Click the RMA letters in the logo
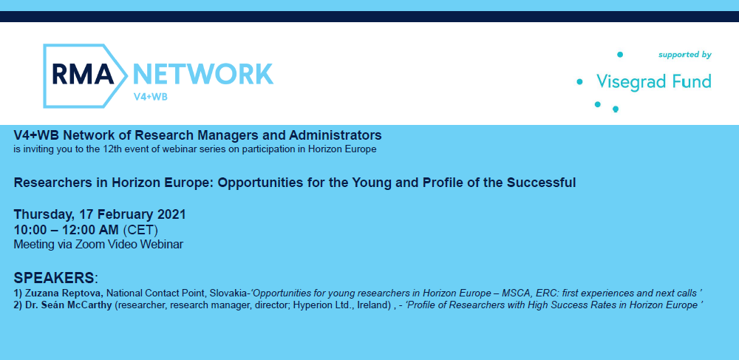(83, 75)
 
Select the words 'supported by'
(685, 55)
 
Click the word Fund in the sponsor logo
(692, 81)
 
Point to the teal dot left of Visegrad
(579, 82)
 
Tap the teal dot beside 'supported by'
(620, 55)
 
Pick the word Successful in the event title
(541, 183)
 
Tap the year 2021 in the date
(171, 215)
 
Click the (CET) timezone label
(140, 231)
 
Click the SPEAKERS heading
(54, 277)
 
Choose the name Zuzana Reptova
(62, 293)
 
